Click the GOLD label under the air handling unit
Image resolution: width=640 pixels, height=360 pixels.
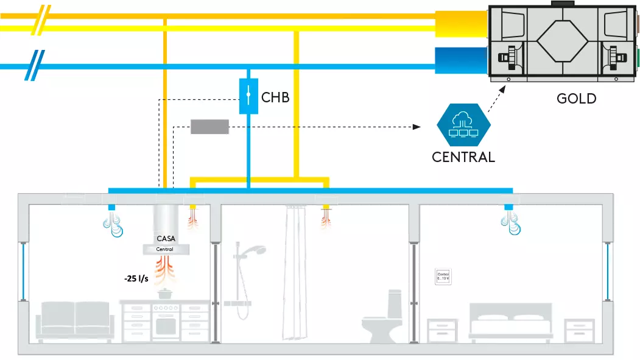coord(576,98)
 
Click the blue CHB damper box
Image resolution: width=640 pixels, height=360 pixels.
coord(249,96)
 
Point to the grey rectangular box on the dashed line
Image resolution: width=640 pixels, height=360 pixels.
coord(209,127)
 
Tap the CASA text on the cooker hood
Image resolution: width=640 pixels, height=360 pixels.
coord(166,239)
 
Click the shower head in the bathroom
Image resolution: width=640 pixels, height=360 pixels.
coord(258,249)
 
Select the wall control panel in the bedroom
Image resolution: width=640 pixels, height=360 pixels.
coord(443,278)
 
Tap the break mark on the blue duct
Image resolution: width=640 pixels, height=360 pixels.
coord(32,66)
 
